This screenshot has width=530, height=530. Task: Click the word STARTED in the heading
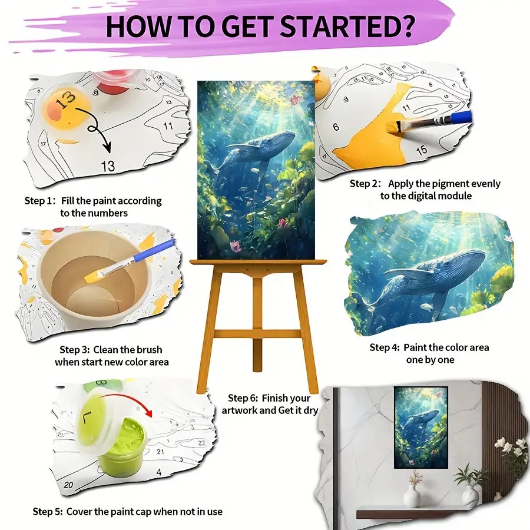341,26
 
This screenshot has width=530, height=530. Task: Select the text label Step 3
75,350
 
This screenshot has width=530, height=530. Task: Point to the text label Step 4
385,347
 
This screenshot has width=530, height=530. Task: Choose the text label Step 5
48,512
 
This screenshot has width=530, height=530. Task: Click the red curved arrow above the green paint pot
132,399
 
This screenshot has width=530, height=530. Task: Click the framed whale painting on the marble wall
421,428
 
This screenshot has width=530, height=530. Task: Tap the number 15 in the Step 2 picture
421,150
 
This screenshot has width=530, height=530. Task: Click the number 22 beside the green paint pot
201,443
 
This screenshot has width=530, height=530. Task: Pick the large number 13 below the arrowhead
108,166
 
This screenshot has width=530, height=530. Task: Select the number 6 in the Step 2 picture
336,127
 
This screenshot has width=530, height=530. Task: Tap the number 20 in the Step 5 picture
68,485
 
